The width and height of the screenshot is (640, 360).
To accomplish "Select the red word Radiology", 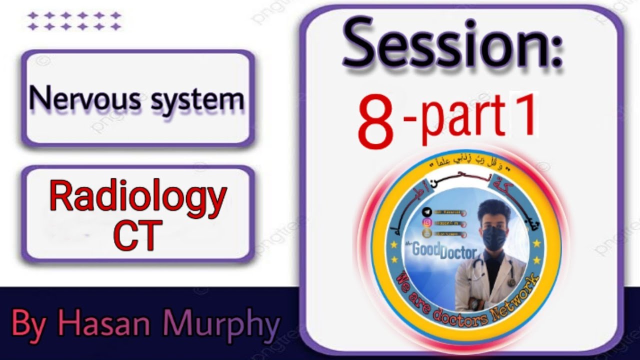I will (x=138, y=197).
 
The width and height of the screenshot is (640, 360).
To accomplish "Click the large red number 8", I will (x=376, y=122).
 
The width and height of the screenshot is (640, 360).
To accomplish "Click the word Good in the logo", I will (x=426, y=249).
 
